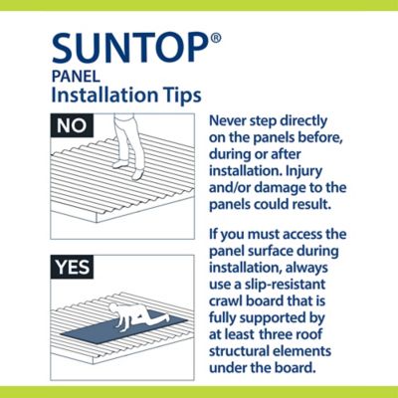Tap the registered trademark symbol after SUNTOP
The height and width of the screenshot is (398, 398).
point(216,39)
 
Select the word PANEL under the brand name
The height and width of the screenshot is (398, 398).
point(76,77)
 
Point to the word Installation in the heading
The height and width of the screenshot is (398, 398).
point(104,95)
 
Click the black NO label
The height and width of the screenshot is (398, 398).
point(72,125)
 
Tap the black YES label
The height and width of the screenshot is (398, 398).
point(72,267)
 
